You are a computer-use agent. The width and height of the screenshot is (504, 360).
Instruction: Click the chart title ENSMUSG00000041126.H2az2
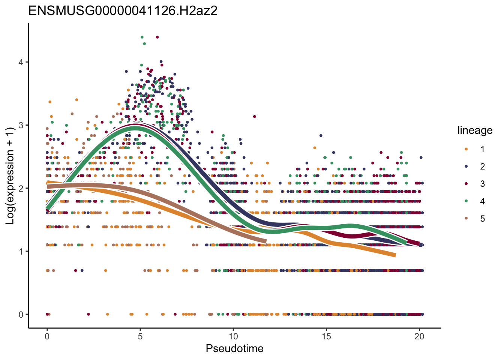point(123,11)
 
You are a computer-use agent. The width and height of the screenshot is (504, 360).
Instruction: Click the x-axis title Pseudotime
point(234,349)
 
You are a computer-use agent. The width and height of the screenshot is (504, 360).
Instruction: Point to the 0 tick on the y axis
point(21,315)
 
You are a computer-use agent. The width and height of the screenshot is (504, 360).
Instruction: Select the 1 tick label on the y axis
point(21,252)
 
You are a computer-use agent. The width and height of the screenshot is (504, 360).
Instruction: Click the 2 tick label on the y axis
point(21,188)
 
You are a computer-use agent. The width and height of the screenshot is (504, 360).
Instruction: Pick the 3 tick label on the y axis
point(21,125)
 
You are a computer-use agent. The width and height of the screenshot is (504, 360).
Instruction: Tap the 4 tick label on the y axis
point(21,62)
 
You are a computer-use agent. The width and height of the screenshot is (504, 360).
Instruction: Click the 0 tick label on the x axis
point(47,336)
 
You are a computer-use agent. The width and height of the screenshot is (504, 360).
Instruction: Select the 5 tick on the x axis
point(140,336)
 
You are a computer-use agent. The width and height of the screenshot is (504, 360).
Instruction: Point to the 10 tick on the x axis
point(233,336)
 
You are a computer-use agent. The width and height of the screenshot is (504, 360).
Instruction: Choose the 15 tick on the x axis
point(326,336)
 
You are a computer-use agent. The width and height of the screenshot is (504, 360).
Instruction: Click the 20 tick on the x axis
point(420,336)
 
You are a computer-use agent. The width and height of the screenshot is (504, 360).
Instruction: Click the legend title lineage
point(475,130)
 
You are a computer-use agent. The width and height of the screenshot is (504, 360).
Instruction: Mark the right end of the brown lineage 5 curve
point(265,241)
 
